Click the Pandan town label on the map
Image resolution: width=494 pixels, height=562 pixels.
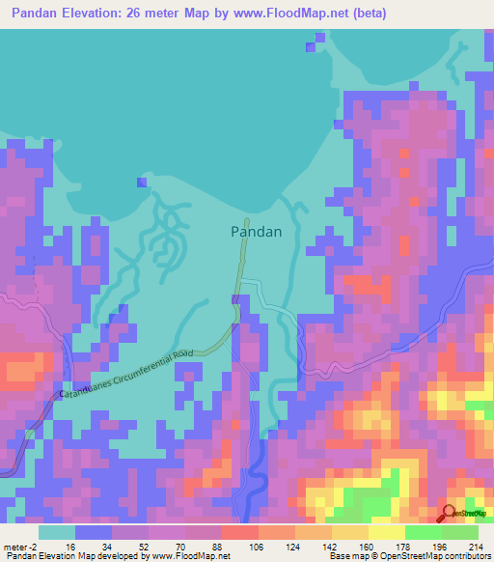coord(256,232)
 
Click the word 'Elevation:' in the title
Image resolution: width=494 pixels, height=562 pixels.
coord(101,13)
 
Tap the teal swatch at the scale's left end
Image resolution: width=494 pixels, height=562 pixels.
coord(57,532)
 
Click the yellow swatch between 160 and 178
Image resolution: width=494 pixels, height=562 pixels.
coord(386,532)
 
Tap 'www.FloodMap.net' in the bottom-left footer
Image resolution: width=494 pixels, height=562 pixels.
coord(189,557)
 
